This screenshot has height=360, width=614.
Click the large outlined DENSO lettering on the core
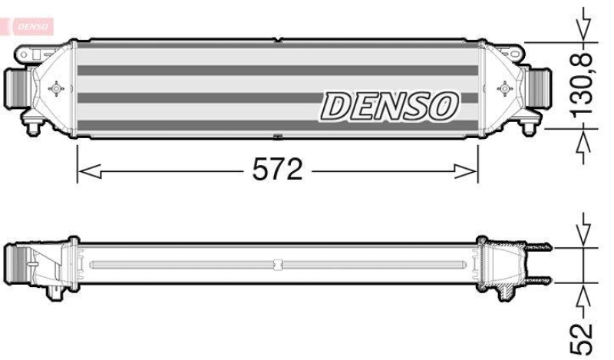tap(388, 106)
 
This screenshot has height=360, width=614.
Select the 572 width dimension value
tap(278, 170)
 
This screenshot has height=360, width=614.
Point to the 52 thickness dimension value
tap(584, 332)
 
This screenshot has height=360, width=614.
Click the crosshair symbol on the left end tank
tap(55, 89)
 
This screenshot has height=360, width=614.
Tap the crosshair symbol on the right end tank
tap(504, 89)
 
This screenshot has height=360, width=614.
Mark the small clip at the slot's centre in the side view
tap(277, 265)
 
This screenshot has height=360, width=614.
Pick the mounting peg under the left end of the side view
tap(56, 292)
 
